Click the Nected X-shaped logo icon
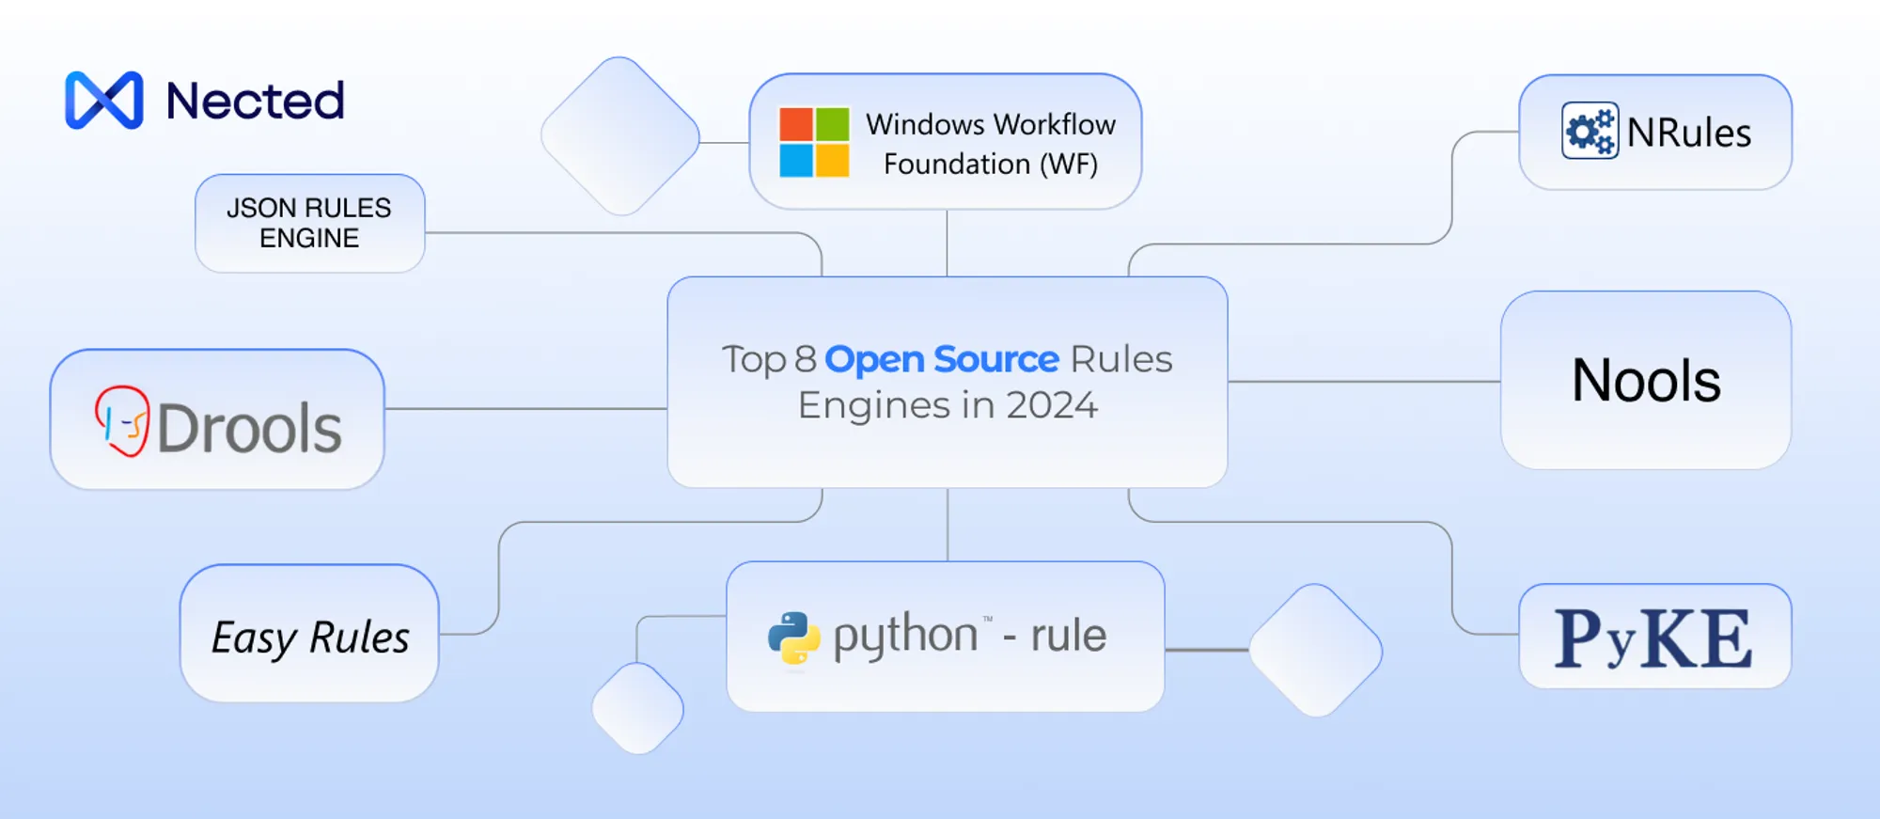pyautogui.click(x=104, y=100)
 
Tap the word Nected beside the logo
pyautogui.click(x=255, y=101)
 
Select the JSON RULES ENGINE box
pyautogui.click(x=310, y=223)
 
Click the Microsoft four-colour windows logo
pyautogui.click(x=814, y=142)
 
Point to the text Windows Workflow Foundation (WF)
pyautogui.click(x=991, y=144)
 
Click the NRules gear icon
pyautogui.click(x=1590, y=131)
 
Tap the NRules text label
pyautogui.click(x=1689, y=133)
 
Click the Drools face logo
pyautogui.click(x=122, y=420)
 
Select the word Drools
pyautogui.click(x=249, y=428)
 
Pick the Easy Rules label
pyautogui.click(x=310, y=638)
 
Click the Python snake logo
pyautogui.click(x=794, y=638)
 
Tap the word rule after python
pyautogui.click(x=1069, y=635)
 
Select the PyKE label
pyautogui.click(x=1654, y=638)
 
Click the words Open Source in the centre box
pyautogui.click(x=942, y=359)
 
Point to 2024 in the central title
pyautogui.click(x=1051, y=405)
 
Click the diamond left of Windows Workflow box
pyautogui.click(x=620, y=136)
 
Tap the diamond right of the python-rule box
pyautogui.click(x=1316, y=651)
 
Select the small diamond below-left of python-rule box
pyautogui.click(x=638, y=708)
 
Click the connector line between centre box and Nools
pyautogui.click(x=1364, y=382)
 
